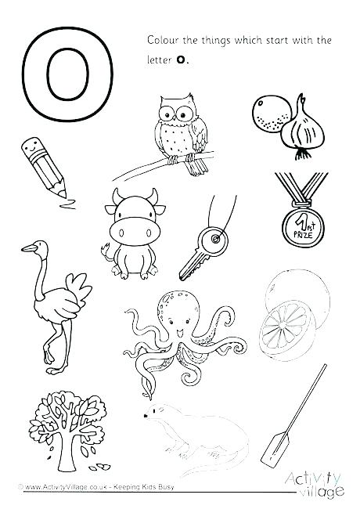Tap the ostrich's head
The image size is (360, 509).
[x=31, y=249]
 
